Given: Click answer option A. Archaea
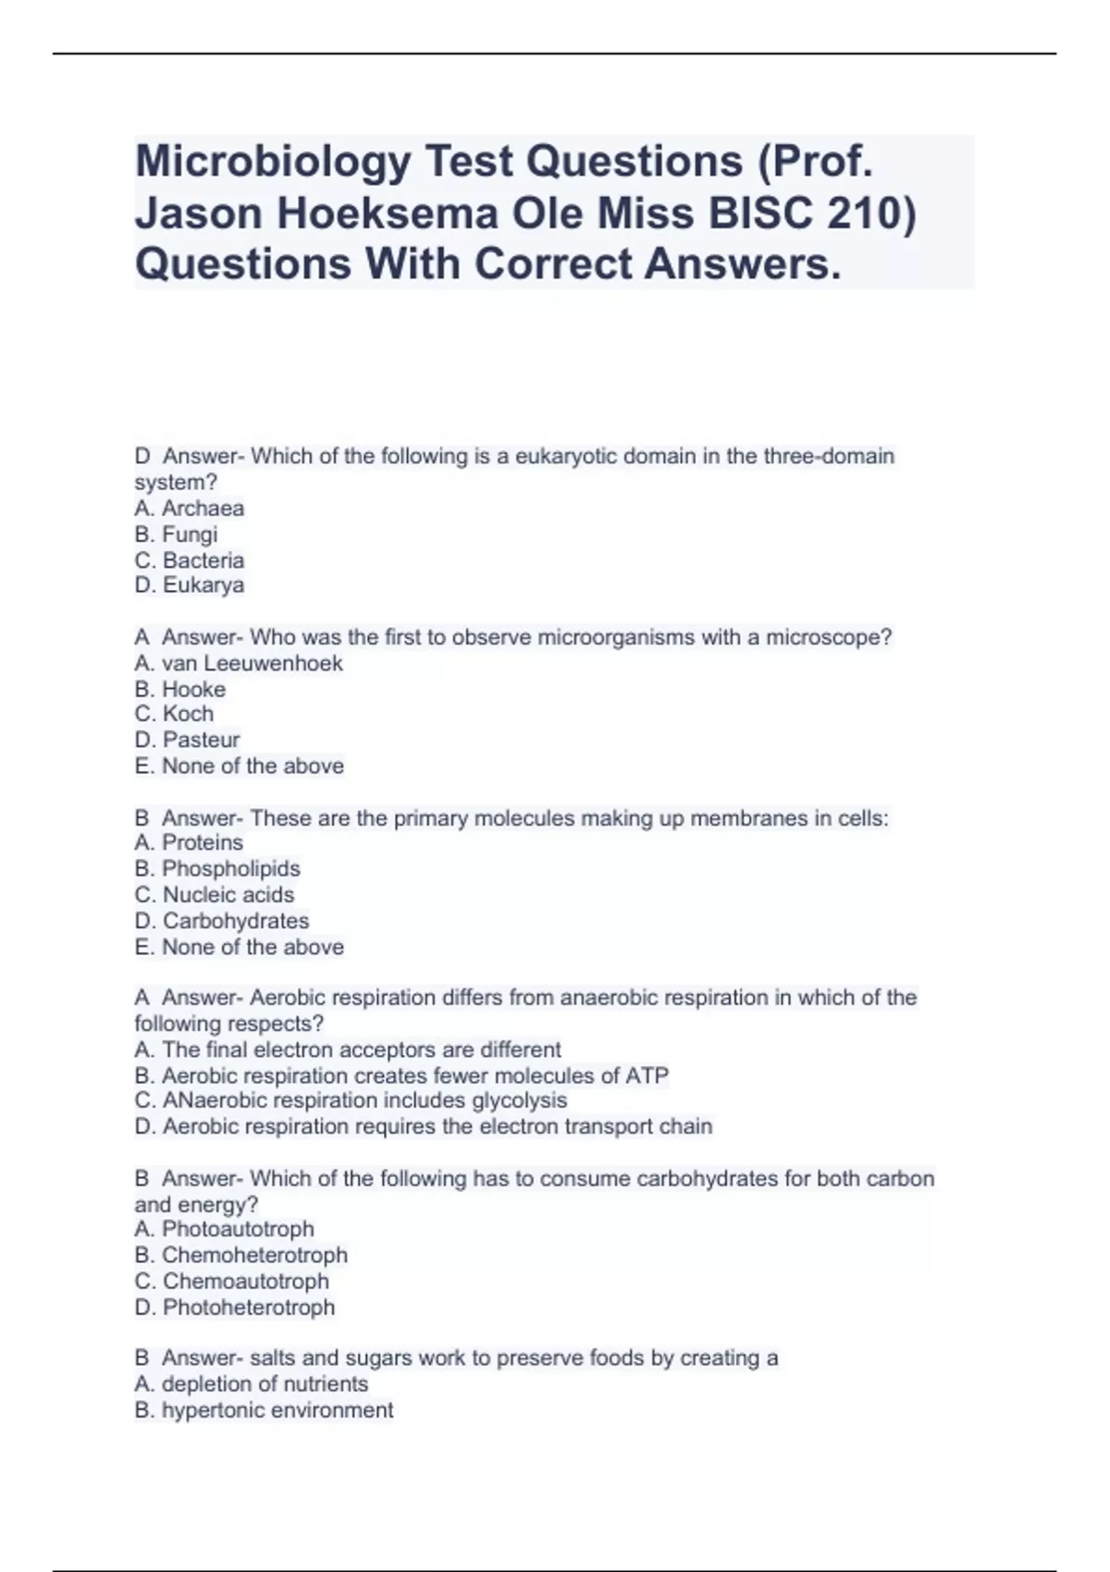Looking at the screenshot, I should (x=190, y=509).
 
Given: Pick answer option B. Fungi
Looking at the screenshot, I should (x=176, y=534).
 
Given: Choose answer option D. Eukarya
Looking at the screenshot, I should (x=190, y=585).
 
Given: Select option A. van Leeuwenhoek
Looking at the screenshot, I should (x=239, y=664).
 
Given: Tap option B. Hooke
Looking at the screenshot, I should (x=180, y=690).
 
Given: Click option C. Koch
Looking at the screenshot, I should (x=174, y=715).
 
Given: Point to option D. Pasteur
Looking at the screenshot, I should (x=187, y=741).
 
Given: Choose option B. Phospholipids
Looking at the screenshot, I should (x=217, y=869).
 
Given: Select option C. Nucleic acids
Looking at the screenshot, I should (x=215, y=895).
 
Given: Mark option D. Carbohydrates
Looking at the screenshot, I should (x=222, y=921).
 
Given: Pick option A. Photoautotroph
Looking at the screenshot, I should (x=225, y=1230).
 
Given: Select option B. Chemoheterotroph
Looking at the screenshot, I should (x=241, y=1256).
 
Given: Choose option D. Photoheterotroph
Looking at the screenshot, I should (x=235, y=1308).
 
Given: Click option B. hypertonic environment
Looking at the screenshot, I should (x=265, y=1411).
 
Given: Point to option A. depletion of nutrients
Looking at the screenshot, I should (x=252, y=1384).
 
